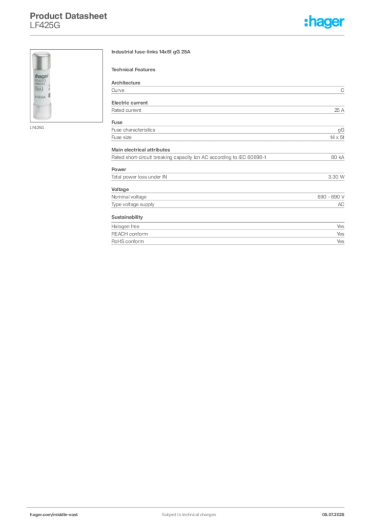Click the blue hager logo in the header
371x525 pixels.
(x=325, y=22)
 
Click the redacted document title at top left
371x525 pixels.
(x=69, y=16)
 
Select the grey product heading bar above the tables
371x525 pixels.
(x=152, y=53)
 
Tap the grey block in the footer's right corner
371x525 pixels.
(x=336, y=511)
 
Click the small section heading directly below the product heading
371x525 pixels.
(x=135, y=69)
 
